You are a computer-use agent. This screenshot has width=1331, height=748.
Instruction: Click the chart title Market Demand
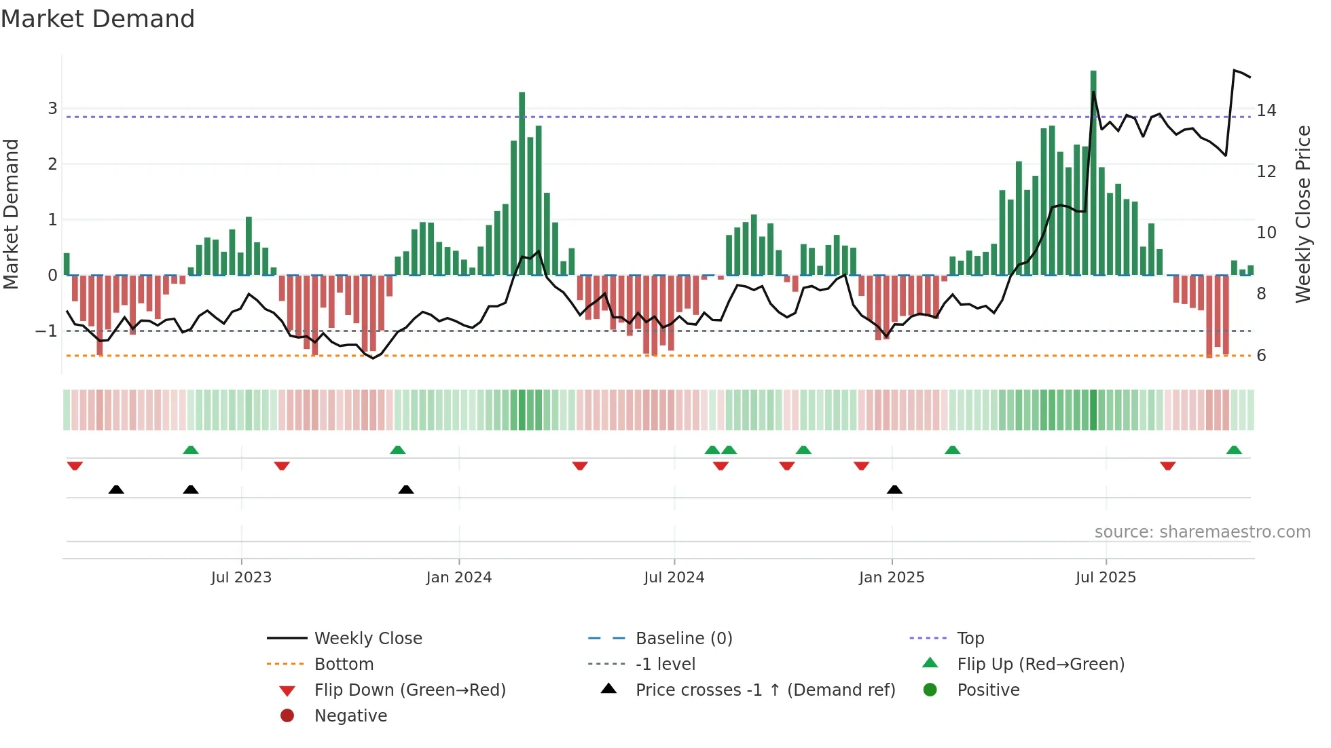pyautogui.click(x=98, y=19)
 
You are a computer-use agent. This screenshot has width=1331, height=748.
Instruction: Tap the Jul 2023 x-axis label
pyautogui.click(x=241, y=578)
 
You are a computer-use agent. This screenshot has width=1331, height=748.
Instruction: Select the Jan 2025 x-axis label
pyautogui.click(x=891, y=578)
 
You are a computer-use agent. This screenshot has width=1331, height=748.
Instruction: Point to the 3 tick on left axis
pyautogui.click(x=52, y=109)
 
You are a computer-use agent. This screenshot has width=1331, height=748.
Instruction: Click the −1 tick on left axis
pyautogui.click(x=47, y=331)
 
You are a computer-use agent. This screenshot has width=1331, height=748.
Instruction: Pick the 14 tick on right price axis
pyautogui.click(x=1266, y=111)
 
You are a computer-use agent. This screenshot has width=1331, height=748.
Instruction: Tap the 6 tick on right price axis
pyautogui.click(x=1261, y=356)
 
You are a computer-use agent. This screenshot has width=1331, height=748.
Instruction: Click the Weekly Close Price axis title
pyautogui.click(x=1302, y=214)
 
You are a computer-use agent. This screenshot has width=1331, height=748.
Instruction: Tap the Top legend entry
pyautogui.click(x=970, y=639)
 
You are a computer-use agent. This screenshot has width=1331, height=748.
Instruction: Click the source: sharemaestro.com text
pyautogui.click(x=1202, y=532)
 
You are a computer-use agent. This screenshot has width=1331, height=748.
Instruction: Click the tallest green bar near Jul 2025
pyautogui.click(x=1093, y=170)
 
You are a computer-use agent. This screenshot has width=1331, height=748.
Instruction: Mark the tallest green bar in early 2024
pyautogui.click(x=522, y=183)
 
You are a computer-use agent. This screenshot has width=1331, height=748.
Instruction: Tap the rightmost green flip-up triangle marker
pyautogui.click(x=1234, y=450)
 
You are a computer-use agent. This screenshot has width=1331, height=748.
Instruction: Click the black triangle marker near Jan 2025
pyautogui.click(x=894, y=489)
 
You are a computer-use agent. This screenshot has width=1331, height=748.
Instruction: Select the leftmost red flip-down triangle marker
pyautogui.click(x=75, y=466)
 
